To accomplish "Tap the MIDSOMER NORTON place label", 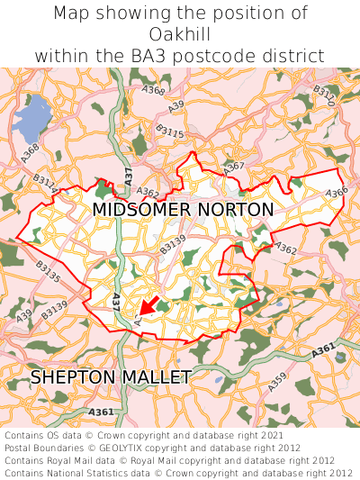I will pos(183,210).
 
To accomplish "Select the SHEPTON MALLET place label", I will pos(111,376).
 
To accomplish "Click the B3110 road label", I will pos(324,96).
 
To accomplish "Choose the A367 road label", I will pos(234,168).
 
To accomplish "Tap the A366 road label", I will pos(337,192).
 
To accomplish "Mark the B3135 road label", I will pos(48,271).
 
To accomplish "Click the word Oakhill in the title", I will pos(180,34).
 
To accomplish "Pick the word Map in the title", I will pos(73,14).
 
